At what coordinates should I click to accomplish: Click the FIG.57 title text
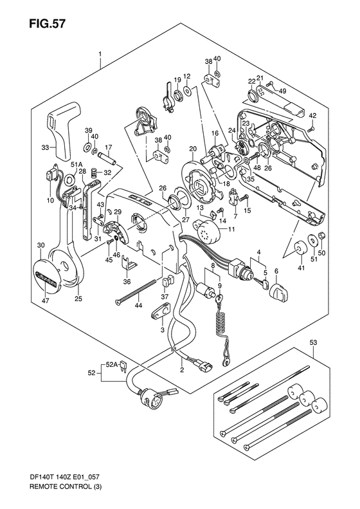pos(48,24)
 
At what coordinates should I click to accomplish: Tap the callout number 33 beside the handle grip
pos(45,148)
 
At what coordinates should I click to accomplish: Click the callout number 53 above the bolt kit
pos(314,342)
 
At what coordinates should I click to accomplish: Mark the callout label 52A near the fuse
pos(111,365)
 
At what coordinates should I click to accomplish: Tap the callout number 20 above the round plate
pos(193,149)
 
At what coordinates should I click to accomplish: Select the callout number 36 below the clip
pos(127,281)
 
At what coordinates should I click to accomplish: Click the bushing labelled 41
pos(300,248)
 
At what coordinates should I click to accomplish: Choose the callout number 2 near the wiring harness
pos(183,369)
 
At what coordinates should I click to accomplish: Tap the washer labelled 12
pos(188,91)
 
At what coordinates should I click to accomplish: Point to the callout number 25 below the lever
pos(78,299)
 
